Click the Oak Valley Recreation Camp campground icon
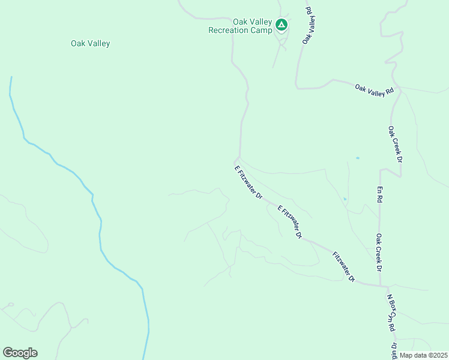281,25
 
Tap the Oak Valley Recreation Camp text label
240,26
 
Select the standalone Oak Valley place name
91,43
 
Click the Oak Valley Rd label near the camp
309,25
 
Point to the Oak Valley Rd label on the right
374,89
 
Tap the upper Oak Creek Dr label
394,145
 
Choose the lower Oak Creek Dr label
379,252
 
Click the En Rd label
379,194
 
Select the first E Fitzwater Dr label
249,182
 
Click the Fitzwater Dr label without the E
344,267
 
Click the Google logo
20,353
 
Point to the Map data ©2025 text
423,355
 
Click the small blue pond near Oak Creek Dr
357,158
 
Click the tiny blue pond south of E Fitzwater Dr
345,199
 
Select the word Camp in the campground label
255,30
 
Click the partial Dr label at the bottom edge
394,348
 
